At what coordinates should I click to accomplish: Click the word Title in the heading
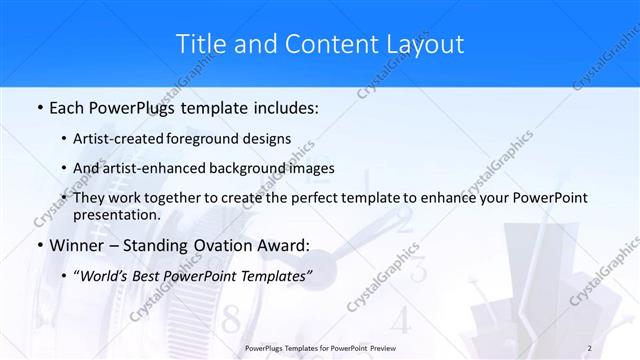[200, 45]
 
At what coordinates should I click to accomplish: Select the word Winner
[75, 245]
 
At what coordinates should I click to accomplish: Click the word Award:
[285, 245]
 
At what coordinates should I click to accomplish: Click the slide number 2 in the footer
[590, 347]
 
